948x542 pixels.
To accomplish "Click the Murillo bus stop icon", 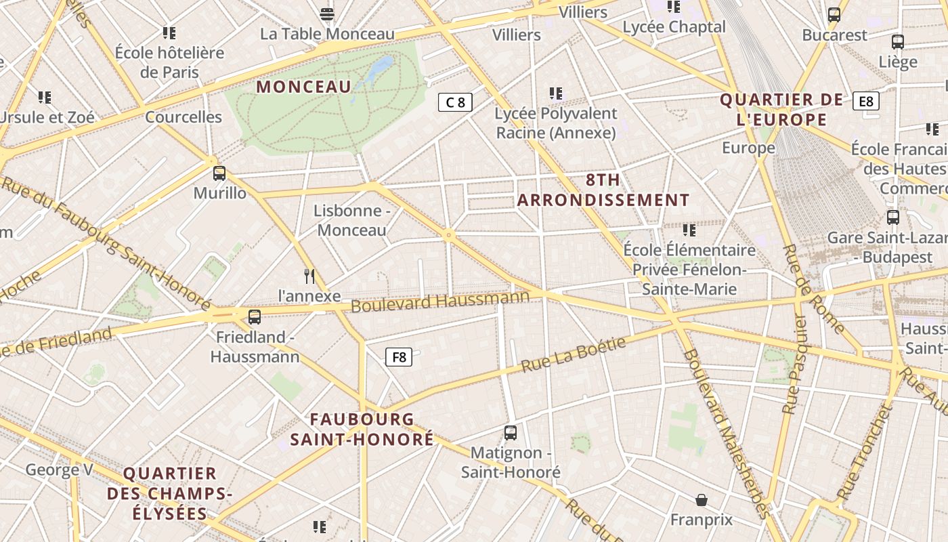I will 219,173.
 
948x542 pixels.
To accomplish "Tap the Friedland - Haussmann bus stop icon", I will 255,316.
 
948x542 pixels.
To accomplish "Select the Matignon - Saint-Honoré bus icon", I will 511,432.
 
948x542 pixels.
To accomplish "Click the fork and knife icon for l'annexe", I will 309,276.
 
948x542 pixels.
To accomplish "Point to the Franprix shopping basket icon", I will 702,500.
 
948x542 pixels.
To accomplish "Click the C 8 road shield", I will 455,102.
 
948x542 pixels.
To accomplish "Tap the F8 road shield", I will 399,356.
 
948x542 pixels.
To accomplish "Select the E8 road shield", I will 866,101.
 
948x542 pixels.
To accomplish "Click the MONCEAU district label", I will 304,87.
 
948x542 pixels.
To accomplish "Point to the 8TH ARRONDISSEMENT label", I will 603,190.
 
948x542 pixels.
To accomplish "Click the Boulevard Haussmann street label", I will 440,301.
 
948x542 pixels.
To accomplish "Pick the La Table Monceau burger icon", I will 327,14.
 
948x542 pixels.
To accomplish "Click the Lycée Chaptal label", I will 674,27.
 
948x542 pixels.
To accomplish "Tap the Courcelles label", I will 184,117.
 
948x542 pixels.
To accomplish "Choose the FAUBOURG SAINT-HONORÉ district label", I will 362,430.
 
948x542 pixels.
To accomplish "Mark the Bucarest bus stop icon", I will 834,14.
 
